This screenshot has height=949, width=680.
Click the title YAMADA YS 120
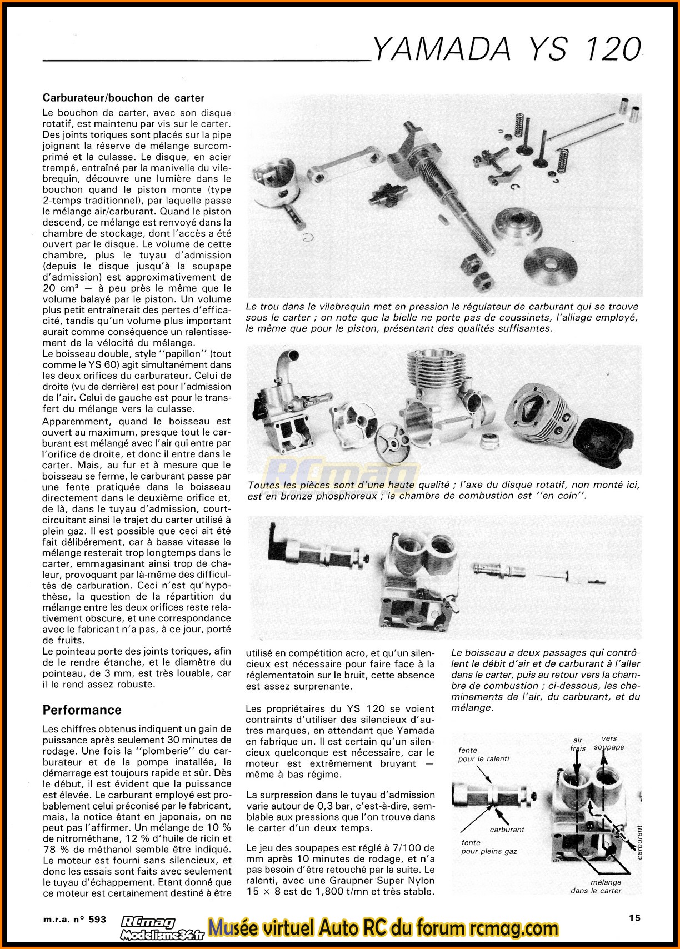(506, 49)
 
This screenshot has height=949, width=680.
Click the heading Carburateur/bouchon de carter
(123, 98)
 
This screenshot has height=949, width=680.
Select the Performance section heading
(82, 710)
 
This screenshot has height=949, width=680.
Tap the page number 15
(634, 918)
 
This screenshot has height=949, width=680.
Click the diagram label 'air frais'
(578, 744)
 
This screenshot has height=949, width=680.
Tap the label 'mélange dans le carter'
(596, 886)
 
